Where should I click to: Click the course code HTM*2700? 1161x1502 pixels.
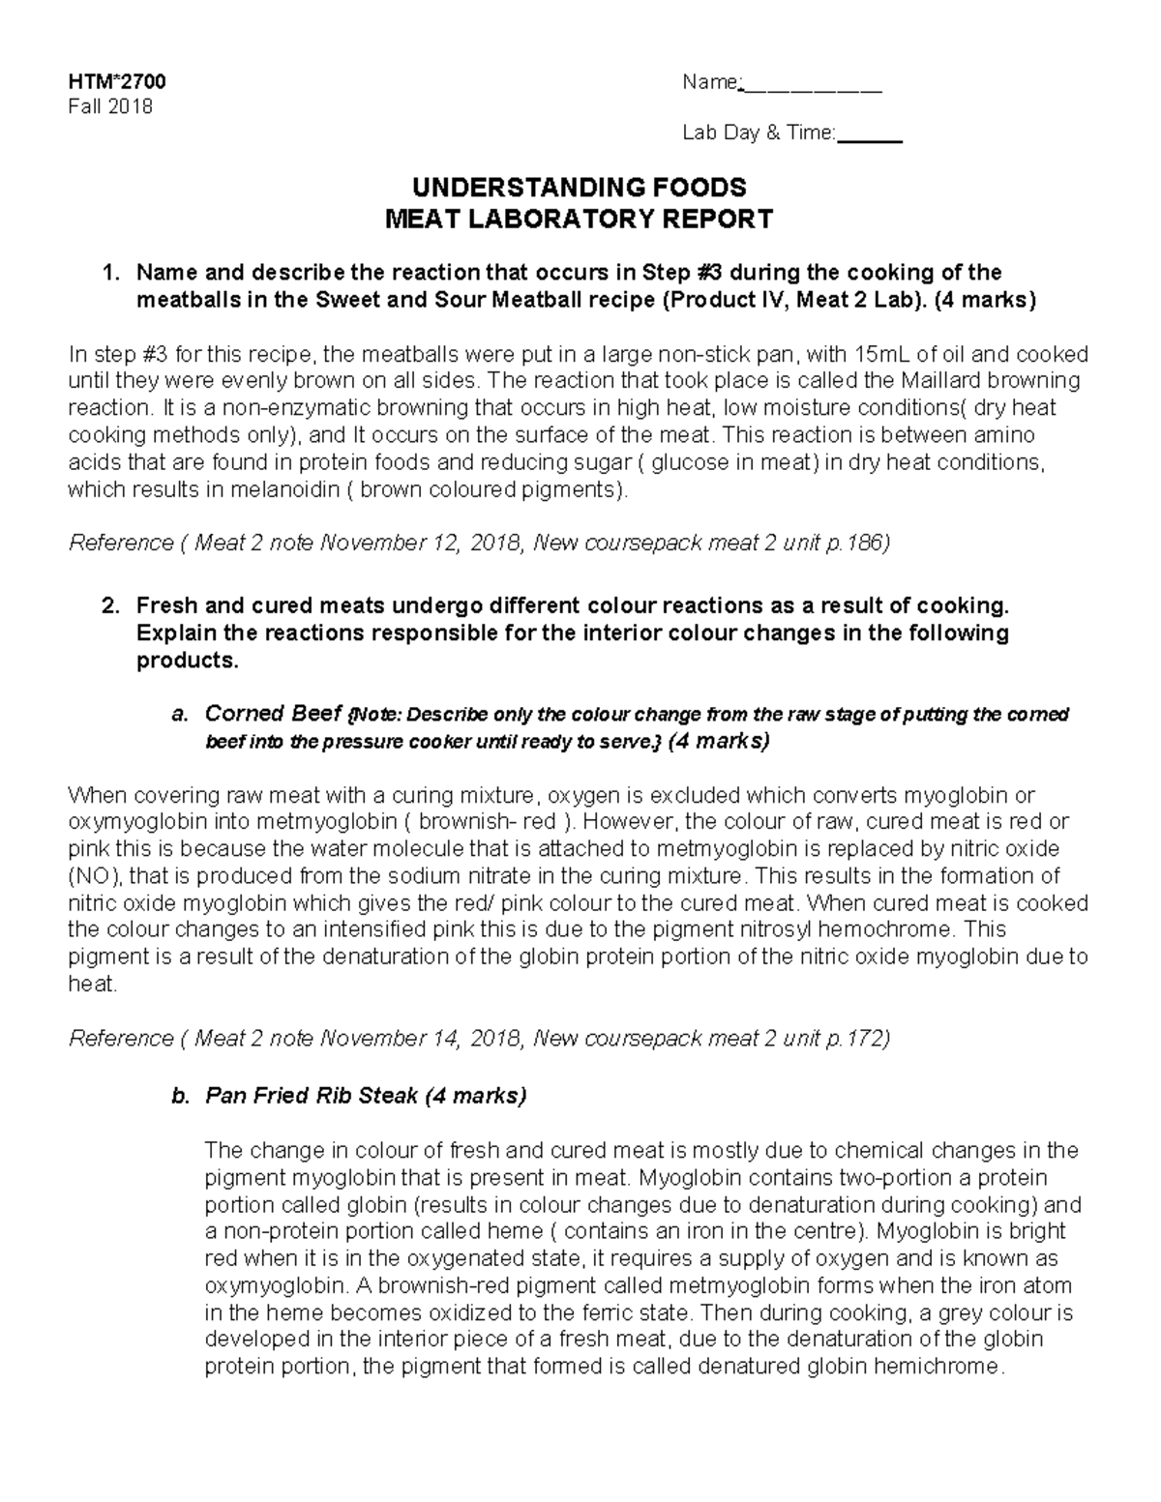point(109,82)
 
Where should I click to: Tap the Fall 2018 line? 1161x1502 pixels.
point(109,106)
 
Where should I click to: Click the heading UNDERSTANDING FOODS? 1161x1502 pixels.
point(580,188)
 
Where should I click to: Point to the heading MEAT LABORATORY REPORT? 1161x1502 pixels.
point(580,220)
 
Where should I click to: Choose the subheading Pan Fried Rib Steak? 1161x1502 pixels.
point(311,1096)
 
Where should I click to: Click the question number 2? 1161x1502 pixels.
point(110,606)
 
